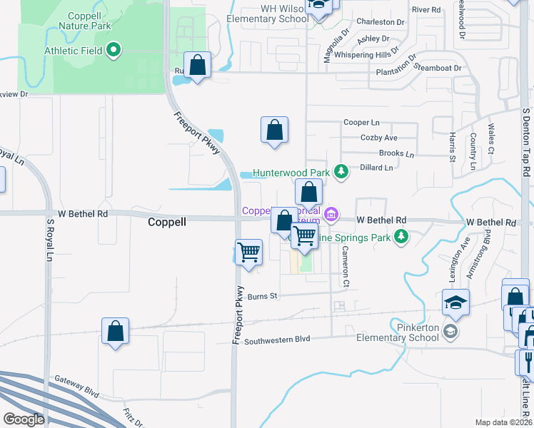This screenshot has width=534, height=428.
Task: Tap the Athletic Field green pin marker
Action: click(114, 51)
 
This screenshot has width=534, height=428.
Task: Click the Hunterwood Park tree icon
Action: click(341, 171)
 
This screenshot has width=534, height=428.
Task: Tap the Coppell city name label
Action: click(166, 222)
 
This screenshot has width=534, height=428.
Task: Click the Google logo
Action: click(23, 419)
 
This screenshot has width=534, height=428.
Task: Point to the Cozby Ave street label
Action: click(379, 138)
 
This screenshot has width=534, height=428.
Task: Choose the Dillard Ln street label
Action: click(378, 168)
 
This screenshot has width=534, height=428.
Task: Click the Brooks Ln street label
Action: click(396, 153)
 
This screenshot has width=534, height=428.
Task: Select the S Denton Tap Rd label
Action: click(526, 143)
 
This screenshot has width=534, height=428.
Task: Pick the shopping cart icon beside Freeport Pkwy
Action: click(248, 251)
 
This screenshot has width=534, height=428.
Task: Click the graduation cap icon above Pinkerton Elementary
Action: click(455, 302)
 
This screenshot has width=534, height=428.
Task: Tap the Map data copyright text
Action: click(503, 422)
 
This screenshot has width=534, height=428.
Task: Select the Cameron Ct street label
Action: click(345, 267)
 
